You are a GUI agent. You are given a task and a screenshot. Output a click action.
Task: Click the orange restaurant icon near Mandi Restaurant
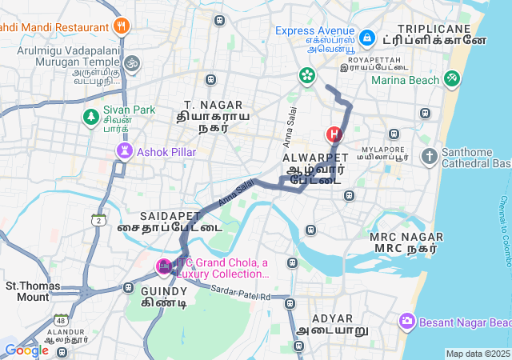[122, 26]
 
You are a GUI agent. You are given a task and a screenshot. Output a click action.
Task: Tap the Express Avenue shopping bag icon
[367, 37]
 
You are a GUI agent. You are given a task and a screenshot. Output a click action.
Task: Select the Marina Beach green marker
[453, 78]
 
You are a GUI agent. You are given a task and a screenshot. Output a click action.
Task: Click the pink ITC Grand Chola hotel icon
[164, 266]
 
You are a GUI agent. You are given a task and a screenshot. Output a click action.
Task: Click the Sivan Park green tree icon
[91, 118]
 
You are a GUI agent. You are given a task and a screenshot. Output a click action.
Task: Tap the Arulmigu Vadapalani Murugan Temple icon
[132, 62]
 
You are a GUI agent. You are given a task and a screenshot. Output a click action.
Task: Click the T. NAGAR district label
[211, 105]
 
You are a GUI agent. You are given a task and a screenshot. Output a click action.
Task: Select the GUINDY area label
[164, 292]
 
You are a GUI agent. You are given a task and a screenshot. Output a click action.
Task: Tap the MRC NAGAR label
[404, 237]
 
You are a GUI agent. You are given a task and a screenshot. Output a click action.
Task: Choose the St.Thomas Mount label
[27, 291]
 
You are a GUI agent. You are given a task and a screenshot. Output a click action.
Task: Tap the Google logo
[27, 350]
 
